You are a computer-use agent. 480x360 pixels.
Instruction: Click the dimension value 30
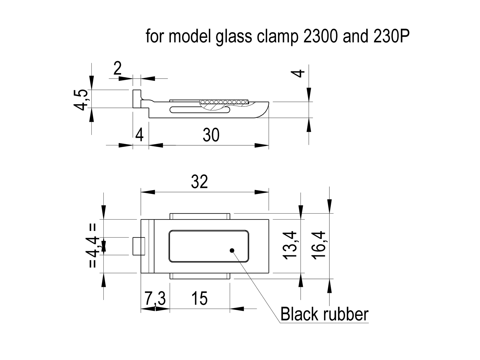[x=211, y=135]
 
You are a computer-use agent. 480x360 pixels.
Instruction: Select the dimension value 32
[x=199, y=182]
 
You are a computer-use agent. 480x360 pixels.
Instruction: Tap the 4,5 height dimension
[x=81, y=100]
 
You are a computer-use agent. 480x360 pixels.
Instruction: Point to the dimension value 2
[x=117, y=69]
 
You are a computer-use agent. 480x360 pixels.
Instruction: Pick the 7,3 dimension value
[x=155, y=299]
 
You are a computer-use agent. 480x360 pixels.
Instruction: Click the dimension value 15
[x=199, y=299]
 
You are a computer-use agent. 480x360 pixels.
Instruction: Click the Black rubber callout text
[x=324, y=314]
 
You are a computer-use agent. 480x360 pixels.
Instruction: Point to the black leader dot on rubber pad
[x=232, y=250]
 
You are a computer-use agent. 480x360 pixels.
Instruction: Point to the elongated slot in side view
[x=200, y=110]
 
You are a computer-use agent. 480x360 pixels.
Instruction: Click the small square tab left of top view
[x=139, y=246]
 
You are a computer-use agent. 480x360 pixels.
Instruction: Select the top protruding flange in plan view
[x=200, y=216]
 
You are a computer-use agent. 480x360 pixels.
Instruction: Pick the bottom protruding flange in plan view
[x=200, y=276]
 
